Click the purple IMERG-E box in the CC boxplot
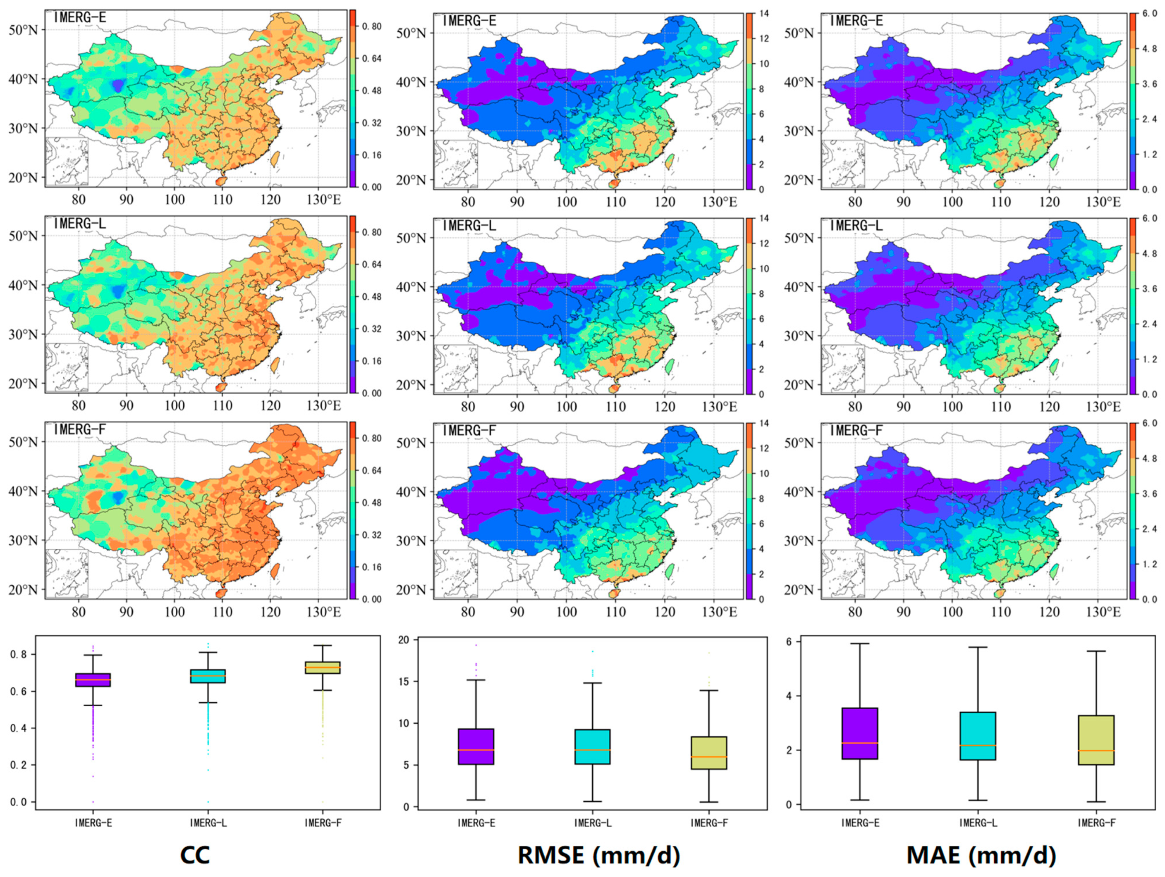[x=93, y=679]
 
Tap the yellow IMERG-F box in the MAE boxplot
[x=1096, y=740]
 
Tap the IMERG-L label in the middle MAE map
[x=856, y=226]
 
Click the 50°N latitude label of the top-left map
[x=24, y=30]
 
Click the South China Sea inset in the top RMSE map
[x=456, y=164]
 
